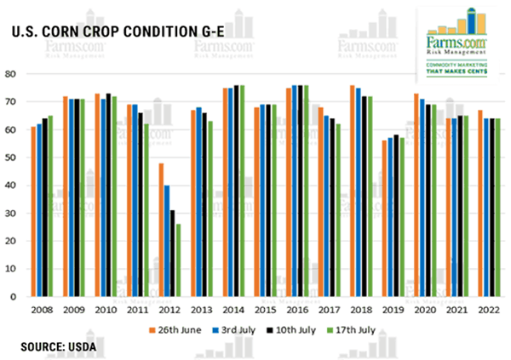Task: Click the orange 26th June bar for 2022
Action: coord(479,203)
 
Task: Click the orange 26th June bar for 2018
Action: coord(353,191)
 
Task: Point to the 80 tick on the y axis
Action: coord(14,74)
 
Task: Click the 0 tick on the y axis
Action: coord(16,297)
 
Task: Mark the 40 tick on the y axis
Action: coord(14,186)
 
